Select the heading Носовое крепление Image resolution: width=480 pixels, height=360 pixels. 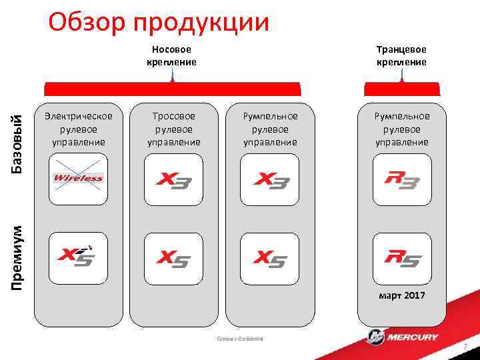coord(172,55)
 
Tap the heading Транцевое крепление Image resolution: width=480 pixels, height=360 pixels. coord(401,55)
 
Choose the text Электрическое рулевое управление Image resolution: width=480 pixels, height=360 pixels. coord(79,129)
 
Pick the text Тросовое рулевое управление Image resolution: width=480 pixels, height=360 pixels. coord(173,129)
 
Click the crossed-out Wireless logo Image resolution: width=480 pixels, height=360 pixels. coord(79,178)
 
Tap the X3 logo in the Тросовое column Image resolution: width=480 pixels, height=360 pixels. coord(173,179)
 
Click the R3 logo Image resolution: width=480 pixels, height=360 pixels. coord(401,179)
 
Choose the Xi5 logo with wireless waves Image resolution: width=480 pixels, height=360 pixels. coord(79,256)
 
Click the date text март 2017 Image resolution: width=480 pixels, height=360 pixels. coord(401,295)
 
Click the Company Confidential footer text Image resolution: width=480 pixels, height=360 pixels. coord(240,339)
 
